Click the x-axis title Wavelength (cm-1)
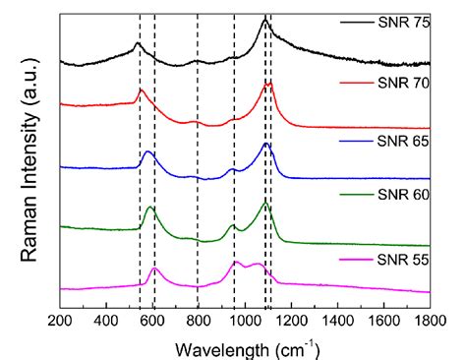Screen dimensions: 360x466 (245, 345)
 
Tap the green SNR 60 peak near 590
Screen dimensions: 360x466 (150, 208)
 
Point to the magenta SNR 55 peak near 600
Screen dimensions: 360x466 (154, 269)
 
